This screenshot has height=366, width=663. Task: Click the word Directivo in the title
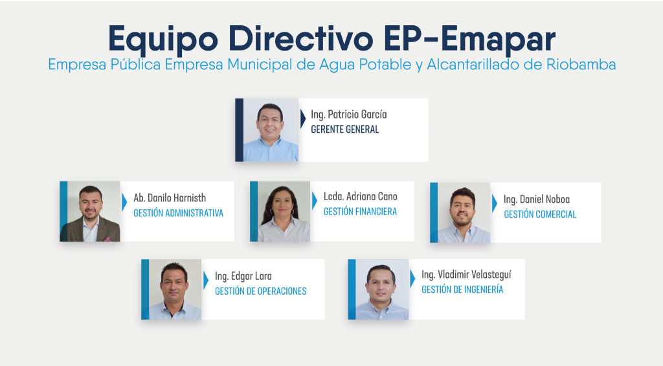300,38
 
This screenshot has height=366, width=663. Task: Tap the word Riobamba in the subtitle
581,65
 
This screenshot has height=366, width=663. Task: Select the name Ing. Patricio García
349,115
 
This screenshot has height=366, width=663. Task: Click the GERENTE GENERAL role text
345,130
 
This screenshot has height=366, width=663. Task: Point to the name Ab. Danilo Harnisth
170,198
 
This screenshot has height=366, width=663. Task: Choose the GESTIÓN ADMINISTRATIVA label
179,213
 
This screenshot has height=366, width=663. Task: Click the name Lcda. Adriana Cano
360,196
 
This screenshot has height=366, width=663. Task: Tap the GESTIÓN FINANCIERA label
360,212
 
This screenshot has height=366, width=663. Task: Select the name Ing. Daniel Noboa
537,200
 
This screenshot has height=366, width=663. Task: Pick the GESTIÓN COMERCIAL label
540,214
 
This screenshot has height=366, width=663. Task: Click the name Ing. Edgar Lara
243,277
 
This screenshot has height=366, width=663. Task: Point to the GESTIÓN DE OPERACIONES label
260,291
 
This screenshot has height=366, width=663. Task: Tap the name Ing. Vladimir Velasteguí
466,275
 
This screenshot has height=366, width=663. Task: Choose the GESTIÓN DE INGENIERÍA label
462,290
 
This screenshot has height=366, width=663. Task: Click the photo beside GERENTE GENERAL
271,130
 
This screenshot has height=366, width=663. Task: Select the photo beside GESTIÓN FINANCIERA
284,212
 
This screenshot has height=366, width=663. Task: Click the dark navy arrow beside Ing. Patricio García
303,119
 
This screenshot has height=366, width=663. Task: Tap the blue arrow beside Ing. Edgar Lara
206,280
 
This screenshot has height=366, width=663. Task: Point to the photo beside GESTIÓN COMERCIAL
464,213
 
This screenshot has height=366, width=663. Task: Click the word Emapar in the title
498,38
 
